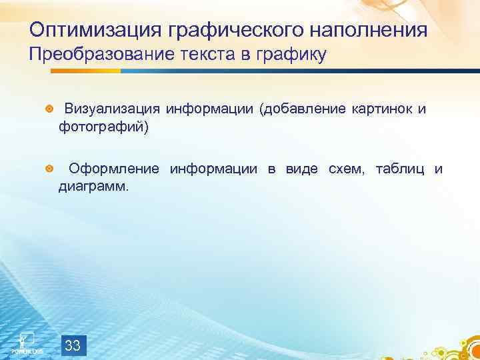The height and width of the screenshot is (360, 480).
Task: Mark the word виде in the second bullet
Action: (x=302, y=169)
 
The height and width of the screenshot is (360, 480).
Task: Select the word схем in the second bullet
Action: (x=346, y=169)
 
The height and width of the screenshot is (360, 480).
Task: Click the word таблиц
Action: (x=401, y=169)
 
